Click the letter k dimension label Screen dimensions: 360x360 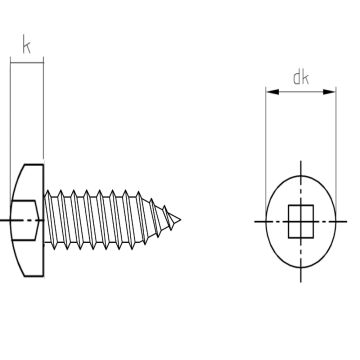27,46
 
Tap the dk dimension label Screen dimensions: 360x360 300,76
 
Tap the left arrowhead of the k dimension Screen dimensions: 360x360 13,63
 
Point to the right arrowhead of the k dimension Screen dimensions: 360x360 41,63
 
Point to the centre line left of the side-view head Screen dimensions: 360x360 4,217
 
